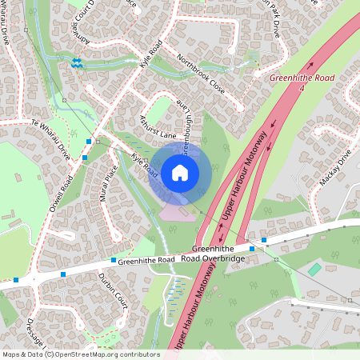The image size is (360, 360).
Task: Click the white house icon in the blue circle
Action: [x=180, y=172]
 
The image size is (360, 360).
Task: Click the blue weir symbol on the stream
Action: [x=77, y=62]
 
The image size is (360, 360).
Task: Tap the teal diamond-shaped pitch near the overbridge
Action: [x=314, y=270]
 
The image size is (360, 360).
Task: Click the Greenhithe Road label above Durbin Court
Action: [x=146, y=261]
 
